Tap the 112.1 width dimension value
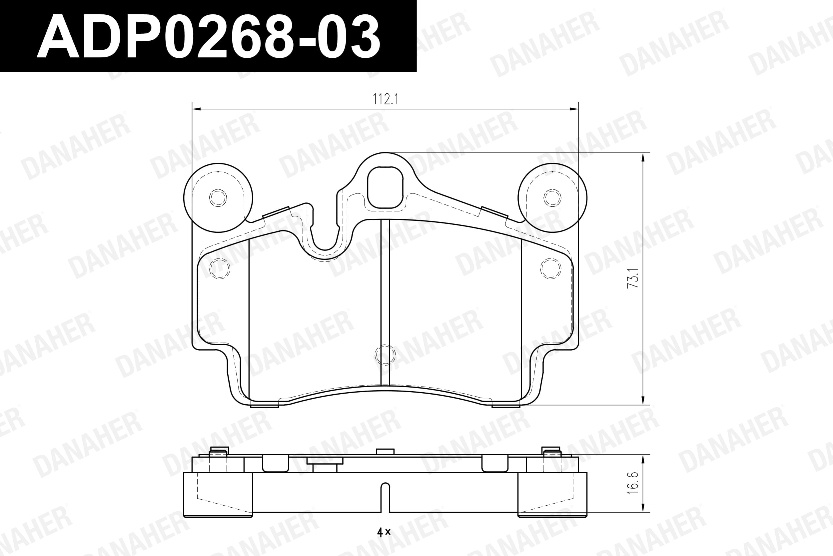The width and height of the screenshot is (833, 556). pos(385,99)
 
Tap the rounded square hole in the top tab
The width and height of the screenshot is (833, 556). pos(385,187)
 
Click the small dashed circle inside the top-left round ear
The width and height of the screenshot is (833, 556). pos(218,197)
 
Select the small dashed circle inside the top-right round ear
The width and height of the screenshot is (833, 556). pos(552,197)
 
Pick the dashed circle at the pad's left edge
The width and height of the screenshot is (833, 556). pos(220,268)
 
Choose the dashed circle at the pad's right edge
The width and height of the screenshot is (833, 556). pos(551,268)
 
